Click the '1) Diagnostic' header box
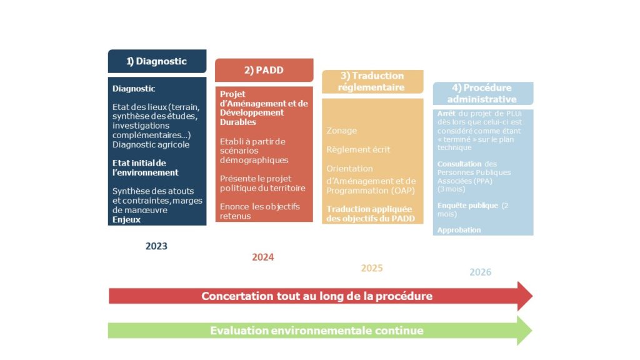coord(157,61)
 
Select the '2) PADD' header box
coord(264,70)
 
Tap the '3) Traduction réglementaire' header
coord(372,82)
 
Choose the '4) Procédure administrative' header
coord(483,94)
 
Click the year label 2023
coord(156,246)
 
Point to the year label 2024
coord(263,257)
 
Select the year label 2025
coord(372,268)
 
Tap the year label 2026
coord(481,272)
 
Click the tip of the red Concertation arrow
coord(532,296)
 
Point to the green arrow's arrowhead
coord(525,331)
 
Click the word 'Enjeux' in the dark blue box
coord(126,219)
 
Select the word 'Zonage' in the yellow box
coord(342,131)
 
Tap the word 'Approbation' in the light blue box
coord(459,230)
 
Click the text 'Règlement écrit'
coord(358,150)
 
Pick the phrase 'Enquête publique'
coord(467,206)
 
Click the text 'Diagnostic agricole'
coord(151,145)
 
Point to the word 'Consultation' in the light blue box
coord(459,164)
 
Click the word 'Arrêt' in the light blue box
coord(446,114)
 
